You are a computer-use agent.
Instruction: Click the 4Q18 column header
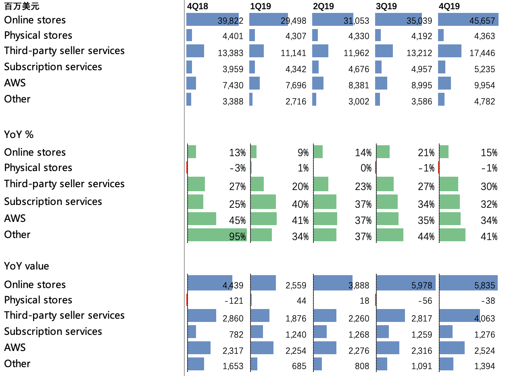[197, 6]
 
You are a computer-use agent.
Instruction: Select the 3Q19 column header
[386, 6]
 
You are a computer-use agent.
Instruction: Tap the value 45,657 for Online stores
[482, 21]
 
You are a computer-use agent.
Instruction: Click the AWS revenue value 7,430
[233, 85]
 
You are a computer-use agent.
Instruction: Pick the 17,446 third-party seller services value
[482, 53]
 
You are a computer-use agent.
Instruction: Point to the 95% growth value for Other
[237, 237]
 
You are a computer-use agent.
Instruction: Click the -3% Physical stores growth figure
[237, 168]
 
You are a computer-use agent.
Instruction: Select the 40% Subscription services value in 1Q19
[300, 205]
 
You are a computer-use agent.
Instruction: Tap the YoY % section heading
[19, 135]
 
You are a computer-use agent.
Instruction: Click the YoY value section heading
[26, 266]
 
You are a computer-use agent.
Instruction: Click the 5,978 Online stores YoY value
[422, 286]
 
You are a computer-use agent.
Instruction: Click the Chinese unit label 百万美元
[22, 6]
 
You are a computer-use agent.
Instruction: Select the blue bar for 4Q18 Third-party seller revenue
[195, 51]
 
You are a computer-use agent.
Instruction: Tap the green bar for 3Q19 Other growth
[390, 235]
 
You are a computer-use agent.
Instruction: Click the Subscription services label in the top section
[53, 67]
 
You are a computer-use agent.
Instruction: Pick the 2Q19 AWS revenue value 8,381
[359, 85]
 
